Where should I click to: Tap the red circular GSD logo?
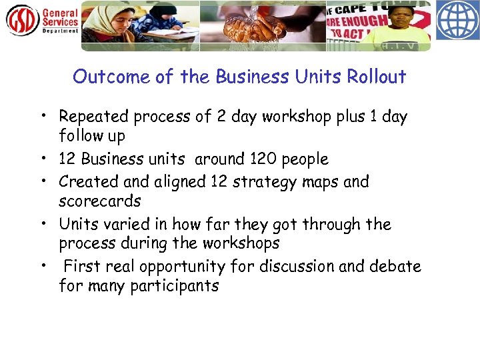pos(22,19)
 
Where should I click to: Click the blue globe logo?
pos(457,20)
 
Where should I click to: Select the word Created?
pos(85,181)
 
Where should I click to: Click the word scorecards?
pos(100,201)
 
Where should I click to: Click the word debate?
pos(397,267)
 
